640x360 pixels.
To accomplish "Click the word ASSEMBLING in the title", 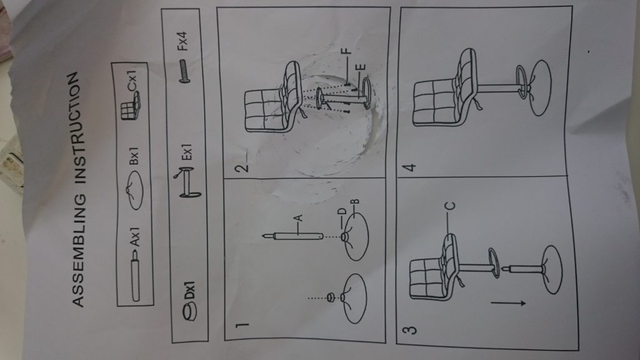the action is [x=78, y=250].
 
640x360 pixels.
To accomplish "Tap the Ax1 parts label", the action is [x=135, y=237].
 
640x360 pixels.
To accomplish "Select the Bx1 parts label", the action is [x=134, y=156].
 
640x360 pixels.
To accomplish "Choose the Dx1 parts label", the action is [x=189, y=290].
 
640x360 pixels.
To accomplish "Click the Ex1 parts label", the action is [x=186, y=152].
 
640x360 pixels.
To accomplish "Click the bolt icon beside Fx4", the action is [x=184, y=71].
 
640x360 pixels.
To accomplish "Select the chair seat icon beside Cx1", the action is [x=131, y=106].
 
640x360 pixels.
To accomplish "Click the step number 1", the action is [x=242, y=325].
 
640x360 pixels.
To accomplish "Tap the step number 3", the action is [x=410, y=329].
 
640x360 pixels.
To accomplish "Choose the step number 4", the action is [x=409, y=167].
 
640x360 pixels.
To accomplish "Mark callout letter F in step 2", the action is [x=346, y=51].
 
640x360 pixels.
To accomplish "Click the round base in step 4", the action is [x=541, y=87].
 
